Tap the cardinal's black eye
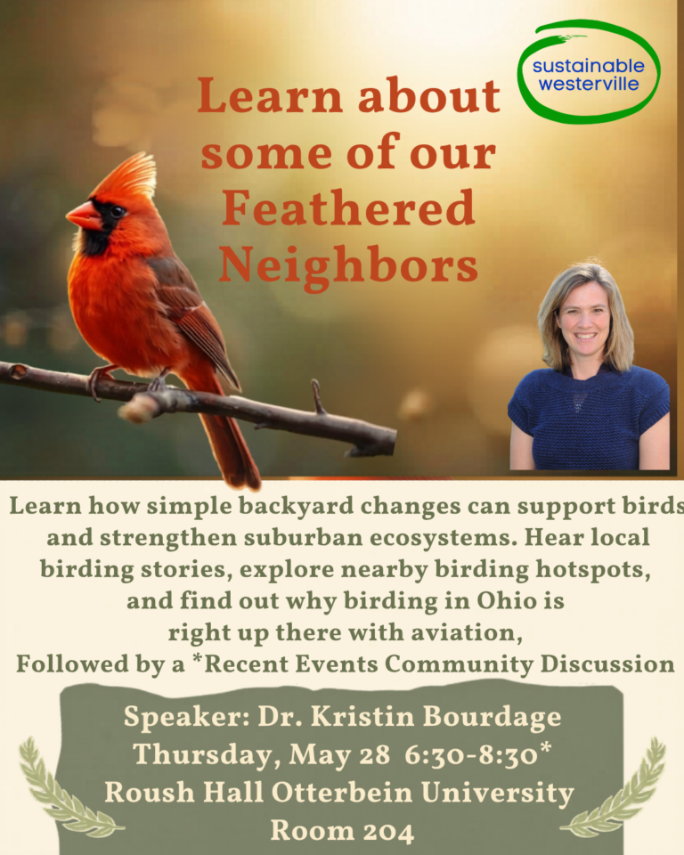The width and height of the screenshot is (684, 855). point(118,210)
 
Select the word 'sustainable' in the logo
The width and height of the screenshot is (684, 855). point(589,66)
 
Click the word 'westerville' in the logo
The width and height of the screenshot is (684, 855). point(589,84)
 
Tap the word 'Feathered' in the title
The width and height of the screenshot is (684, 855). point(348,208)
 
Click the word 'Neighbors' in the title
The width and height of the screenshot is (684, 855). point(348,265)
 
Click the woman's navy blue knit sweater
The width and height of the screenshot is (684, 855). point(589,417)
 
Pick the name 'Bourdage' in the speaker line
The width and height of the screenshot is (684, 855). point(492,716)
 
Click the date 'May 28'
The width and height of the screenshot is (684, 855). point(339,755)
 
